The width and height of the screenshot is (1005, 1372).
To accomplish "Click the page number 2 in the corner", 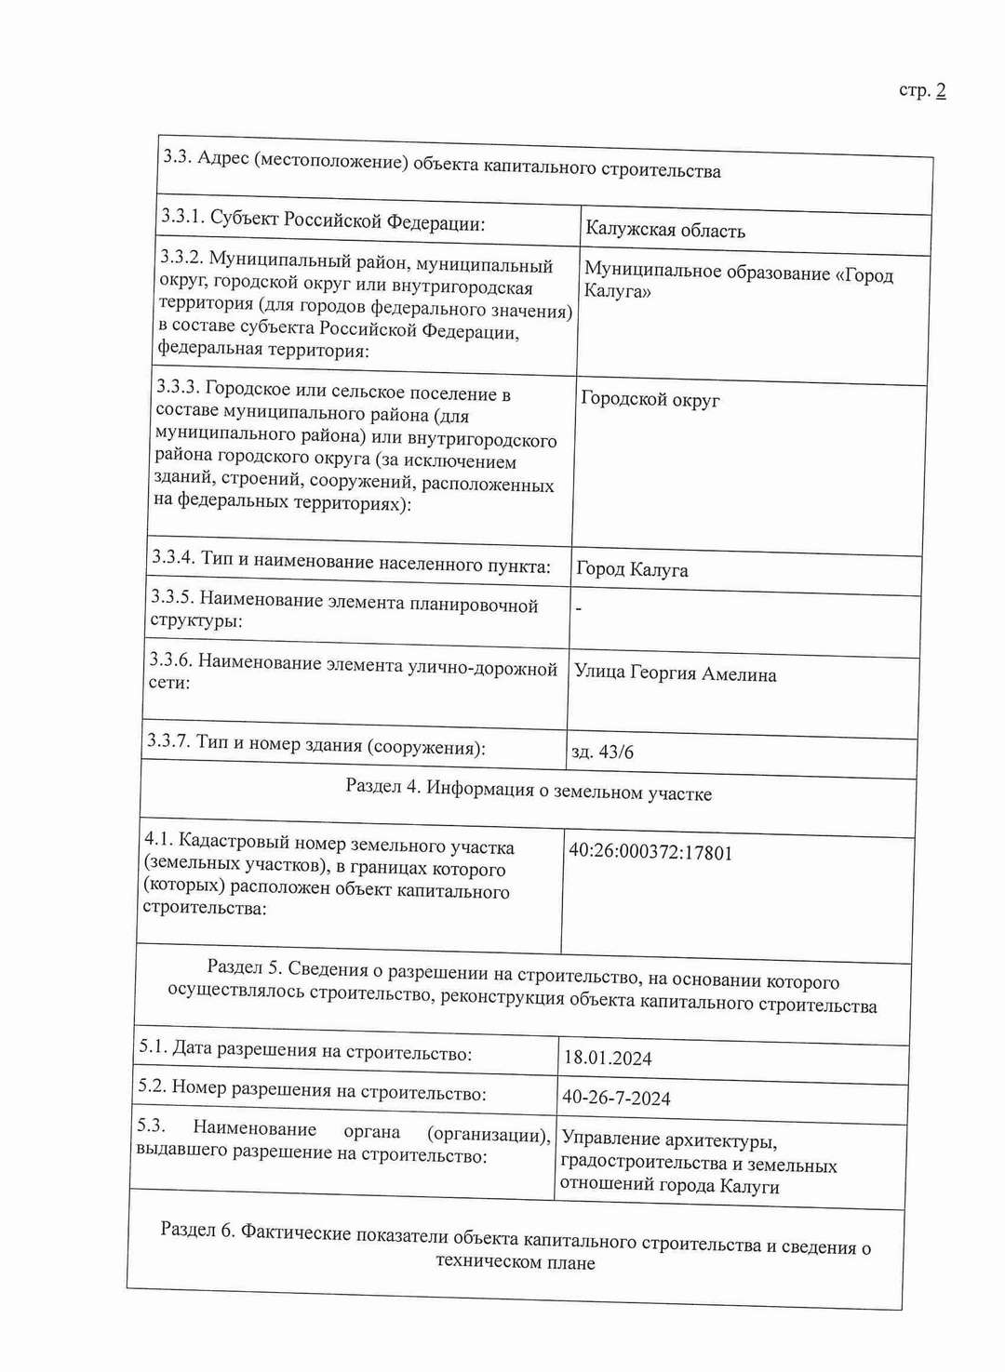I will [x=941, y=90].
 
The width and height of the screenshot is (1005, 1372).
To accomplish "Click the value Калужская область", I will [x=664, y=230].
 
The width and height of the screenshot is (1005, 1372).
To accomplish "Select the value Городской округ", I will [x=650, y=399].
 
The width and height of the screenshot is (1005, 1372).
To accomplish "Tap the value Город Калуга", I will [x=632, y=569].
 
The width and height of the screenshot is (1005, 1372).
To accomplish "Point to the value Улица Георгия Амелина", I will [x=675, y=673].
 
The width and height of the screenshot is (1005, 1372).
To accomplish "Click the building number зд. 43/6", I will [x=602, y=752].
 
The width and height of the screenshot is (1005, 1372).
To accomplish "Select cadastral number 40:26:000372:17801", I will [x=650, y=852].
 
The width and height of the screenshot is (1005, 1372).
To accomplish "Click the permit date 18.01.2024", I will [x=608, y=1058].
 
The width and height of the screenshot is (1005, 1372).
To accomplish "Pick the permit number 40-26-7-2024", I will [x=616, y=1098].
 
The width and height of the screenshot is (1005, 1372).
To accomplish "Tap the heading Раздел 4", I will [x=382, y=787].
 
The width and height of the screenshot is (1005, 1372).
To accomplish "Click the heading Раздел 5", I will [x=244, y=967].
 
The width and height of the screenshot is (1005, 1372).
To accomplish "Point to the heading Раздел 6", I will [x=197, y=1230].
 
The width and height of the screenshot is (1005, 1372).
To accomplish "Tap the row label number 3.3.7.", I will [x=168, y=740].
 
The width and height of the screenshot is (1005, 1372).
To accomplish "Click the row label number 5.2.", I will [x=153, y=1086].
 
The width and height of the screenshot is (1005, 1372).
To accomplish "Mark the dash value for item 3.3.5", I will [x=579, y=608].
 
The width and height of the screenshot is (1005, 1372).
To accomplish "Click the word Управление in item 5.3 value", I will [x=609, y=1139].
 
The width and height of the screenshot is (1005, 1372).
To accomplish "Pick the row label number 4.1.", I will [x=157, y=839].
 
